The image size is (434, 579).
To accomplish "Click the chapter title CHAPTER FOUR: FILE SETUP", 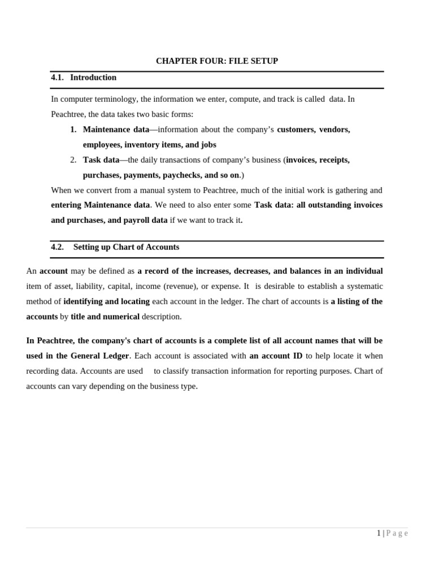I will coord(217,61).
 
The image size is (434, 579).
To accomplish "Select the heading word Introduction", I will coord(93,77).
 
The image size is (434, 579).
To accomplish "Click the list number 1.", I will coord(73,129).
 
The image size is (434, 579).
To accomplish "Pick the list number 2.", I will coord(73,160).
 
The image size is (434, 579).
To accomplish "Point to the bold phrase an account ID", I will coord(276,356).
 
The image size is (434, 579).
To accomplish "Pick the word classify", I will coord(181,371).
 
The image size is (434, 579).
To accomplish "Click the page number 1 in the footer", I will coord(379,533).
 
